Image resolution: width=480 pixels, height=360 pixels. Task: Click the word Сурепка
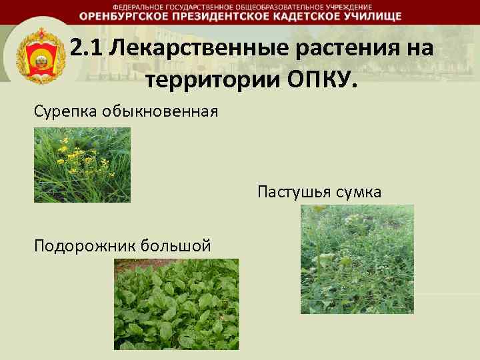tap(65, 109)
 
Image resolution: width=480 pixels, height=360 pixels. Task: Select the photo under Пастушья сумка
tap(357, 259)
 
